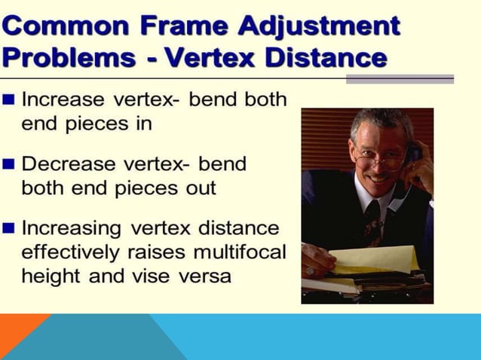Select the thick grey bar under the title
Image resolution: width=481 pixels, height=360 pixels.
coord(399,78)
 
